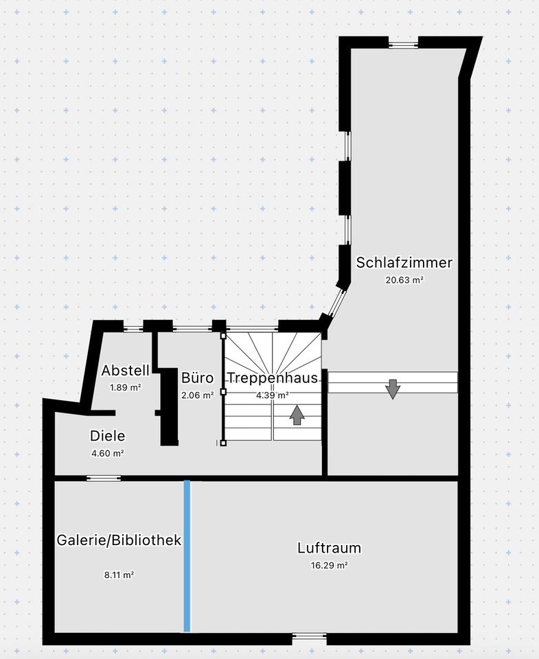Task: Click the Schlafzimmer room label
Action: point(404,263)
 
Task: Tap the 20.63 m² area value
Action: point(404,279)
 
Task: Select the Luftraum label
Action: point(329,548)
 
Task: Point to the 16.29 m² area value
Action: point(329,566)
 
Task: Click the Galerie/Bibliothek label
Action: point(119,540)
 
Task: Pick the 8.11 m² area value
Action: point(119,575)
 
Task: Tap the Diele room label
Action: point(108,435)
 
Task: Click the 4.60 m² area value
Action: point(108,453)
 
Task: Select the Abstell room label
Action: point(125,371)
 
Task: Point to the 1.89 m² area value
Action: point(125,387)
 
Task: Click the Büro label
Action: point(198,378)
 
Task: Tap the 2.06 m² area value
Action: point(198,395)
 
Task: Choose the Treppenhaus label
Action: point(273,378)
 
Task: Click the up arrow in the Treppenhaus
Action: point(297,415)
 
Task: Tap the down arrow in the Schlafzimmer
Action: point(393,389)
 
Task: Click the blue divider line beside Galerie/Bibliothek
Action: point(187,556)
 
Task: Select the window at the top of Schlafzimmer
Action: point(403,45)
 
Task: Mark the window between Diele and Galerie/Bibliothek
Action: point(104,478)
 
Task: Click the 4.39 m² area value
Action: point(273,395)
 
